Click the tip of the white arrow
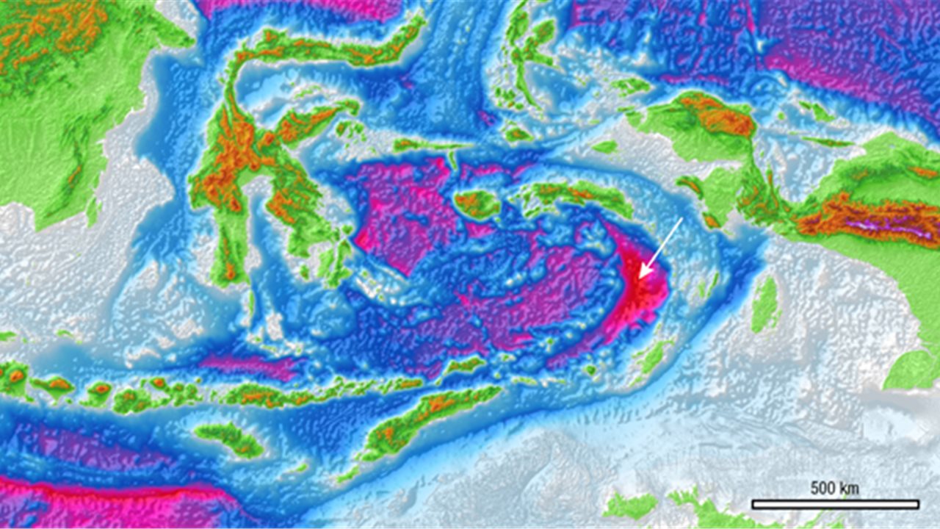tap(640, 278)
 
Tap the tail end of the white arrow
tap(682, 218)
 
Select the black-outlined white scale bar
tap(835, 504)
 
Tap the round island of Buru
tap(477, 204)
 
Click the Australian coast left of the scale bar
tap(632, 505)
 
